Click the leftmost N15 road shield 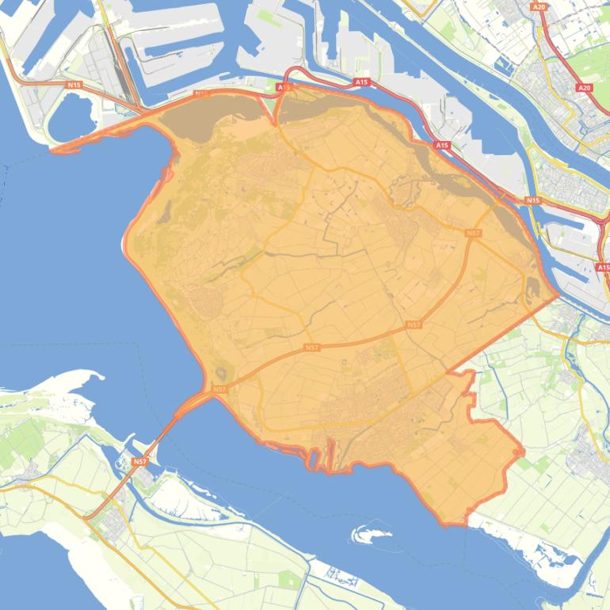[x=74, y=84]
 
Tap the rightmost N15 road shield [x=532, y=200]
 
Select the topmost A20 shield [x=539, y=6]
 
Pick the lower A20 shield [x=585, y=88]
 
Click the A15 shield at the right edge [x=604, y=267]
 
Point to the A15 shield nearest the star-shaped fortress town [x=441, y=146]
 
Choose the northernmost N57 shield [x=473, y=233]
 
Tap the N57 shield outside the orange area [x=139, y=461]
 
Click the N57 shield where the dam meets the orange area [x=219, y=390]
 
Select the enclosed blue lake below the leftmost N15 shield [x=69, y=119]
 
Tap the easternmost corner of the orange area [x=558, y=295]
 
